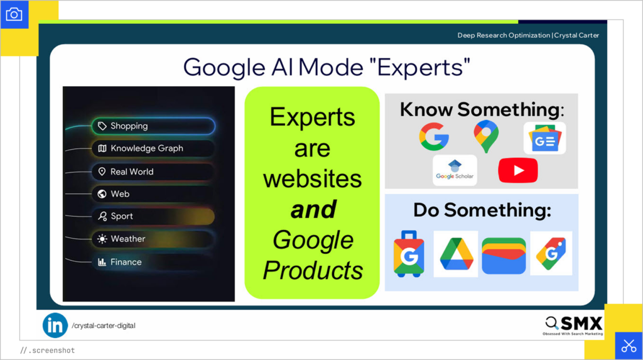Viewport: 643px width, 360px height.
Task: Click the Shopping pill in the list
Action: [153, 126]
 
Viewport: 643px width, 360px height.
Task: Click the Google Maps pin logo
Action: [485, 137]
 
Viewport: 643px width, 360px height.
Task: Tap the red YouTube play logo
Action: [518, 170]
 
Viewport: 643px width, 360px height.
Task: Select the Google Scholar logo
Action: [455, 170]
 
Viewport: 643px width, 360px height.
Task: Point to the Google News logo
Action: [544, 139]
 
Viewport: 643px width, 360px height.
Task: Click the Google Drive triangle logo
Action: [456, 254]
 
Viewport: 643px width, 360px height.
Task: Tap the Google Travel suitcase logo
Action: [409, 254]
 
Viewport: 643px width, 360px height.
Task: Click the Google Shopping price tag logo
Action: [551, 253]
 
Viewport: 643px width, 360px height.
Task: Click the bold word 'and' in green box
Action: [313, 210]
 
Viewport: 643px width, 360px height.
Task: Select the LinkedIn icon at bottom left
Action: [55, 325]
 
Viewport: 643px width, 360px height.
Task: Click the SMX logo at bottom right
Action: [574, 325]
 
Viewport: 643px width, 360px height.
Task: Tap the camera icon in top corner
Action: [14, 14]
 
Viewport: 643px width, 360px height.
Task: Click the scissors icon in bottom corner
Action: [629, 346]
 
